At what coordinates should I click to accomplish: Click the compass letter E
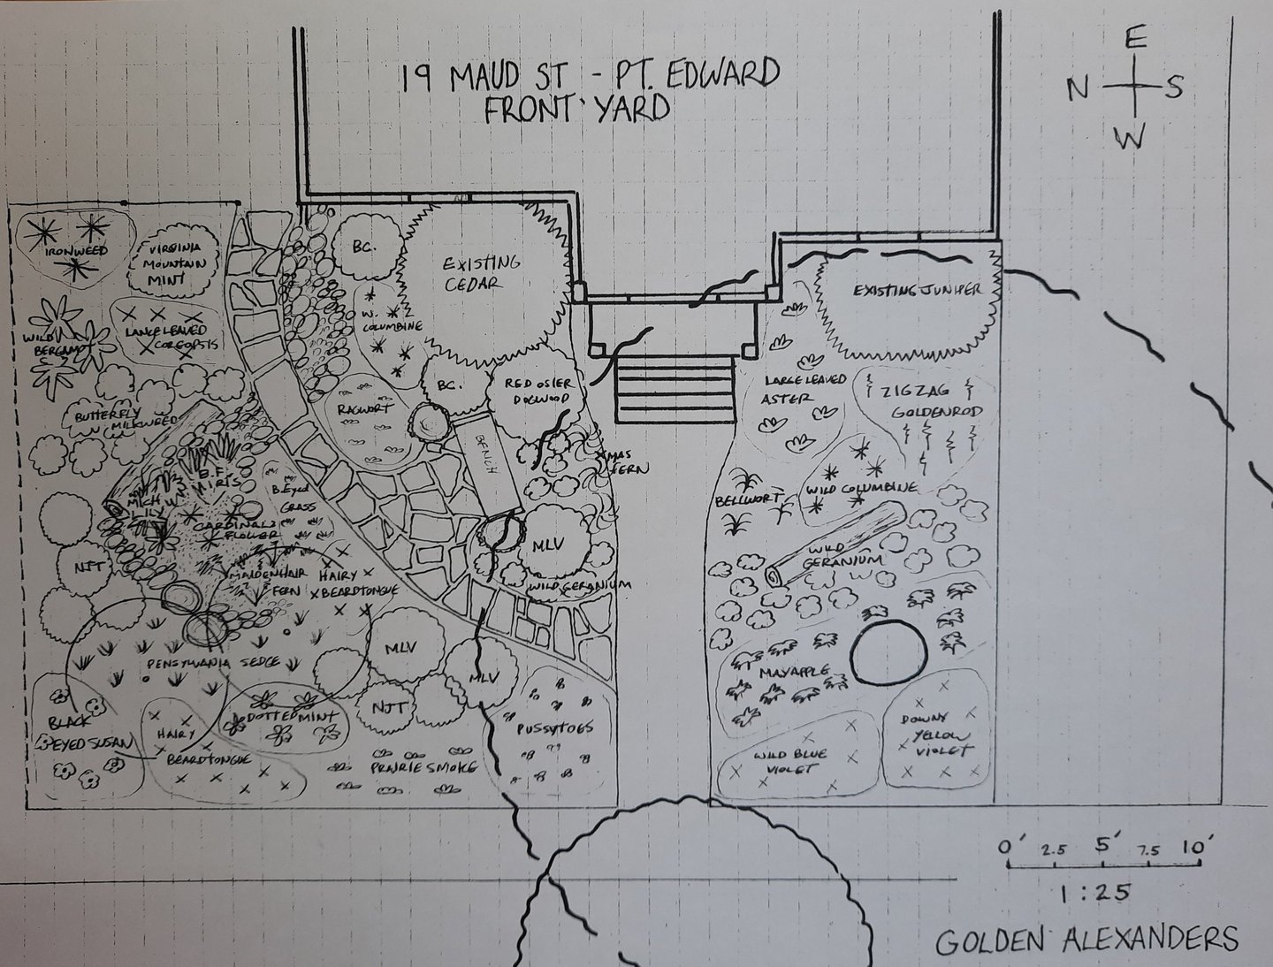(1136, 39)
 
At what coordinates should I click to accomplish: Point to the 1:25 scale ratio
(1094, 893)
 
